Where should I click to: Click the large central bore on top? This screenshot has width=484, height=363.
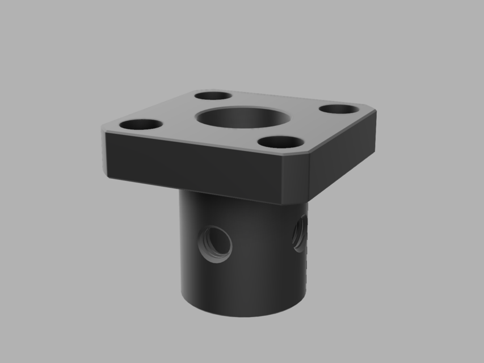pos(243,117)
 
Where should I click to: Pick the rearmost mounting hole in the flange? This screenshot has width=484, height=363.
pos(213,96)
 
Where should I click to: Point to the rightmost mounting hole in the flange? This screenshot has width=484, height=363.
pos(340,108)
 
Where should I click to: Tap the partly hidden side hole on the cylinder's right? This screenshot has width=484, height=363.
pos(300,232)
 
